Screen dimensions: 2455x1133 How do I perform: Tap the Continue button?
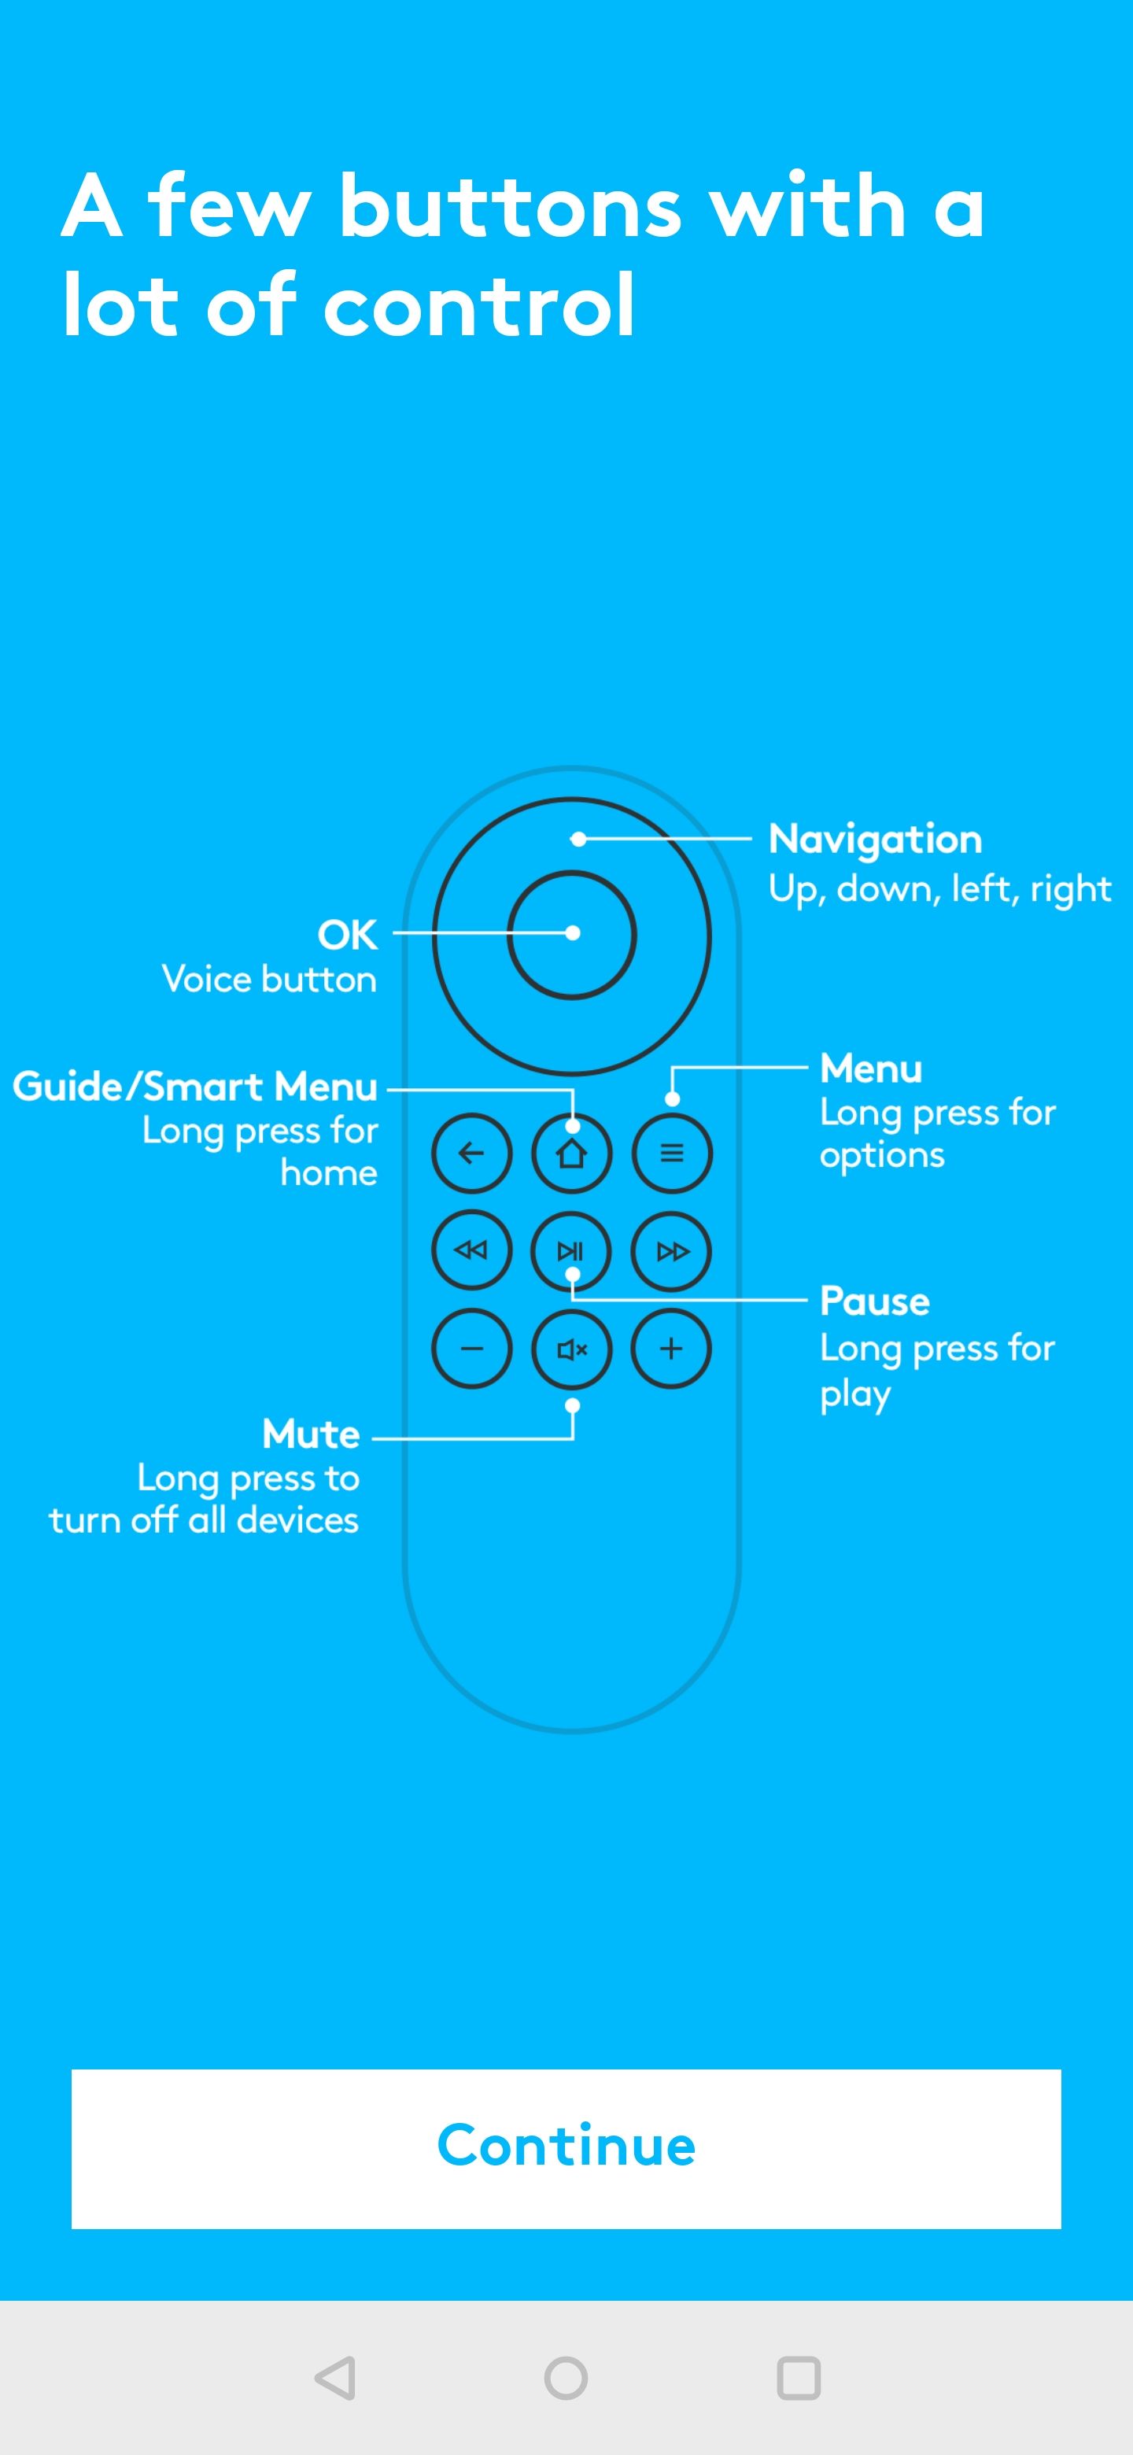[566, 2147]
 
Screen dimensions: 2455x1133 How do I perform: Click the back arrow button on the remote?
[471, 1154]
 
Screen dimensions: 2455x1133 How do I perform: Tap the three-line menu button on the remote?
[672, 1154]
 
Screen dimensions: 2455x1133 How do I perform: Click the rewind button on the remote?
[471, 1250]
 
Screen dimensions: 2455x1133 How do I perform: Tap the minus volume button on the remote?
[471, 1349]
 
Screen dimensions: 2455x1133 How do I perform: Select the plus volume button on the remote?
[671, 1349]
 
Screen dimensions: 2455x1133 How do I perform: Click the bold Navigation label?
[875, 839]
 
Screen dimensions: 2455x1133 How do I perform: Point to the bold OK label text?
[347, 934]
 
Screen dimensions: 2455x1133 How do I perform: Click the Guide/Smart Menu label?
[195, 1087]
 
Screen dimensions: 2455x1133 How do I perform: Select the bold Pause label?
[875, 1301]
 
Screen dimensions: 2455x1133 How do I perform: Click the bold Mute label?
[311, 1434]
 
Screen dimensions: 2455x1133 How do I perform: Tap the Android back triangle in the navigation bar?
[335, 2378]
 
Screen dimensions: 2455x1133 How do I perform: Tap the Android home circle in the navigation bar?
[566, 2378]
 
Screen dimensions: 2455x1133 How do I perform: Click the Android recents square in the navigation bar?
[799, 2378]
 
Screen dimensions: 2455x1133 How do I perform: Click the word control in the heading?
[478, 305]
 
